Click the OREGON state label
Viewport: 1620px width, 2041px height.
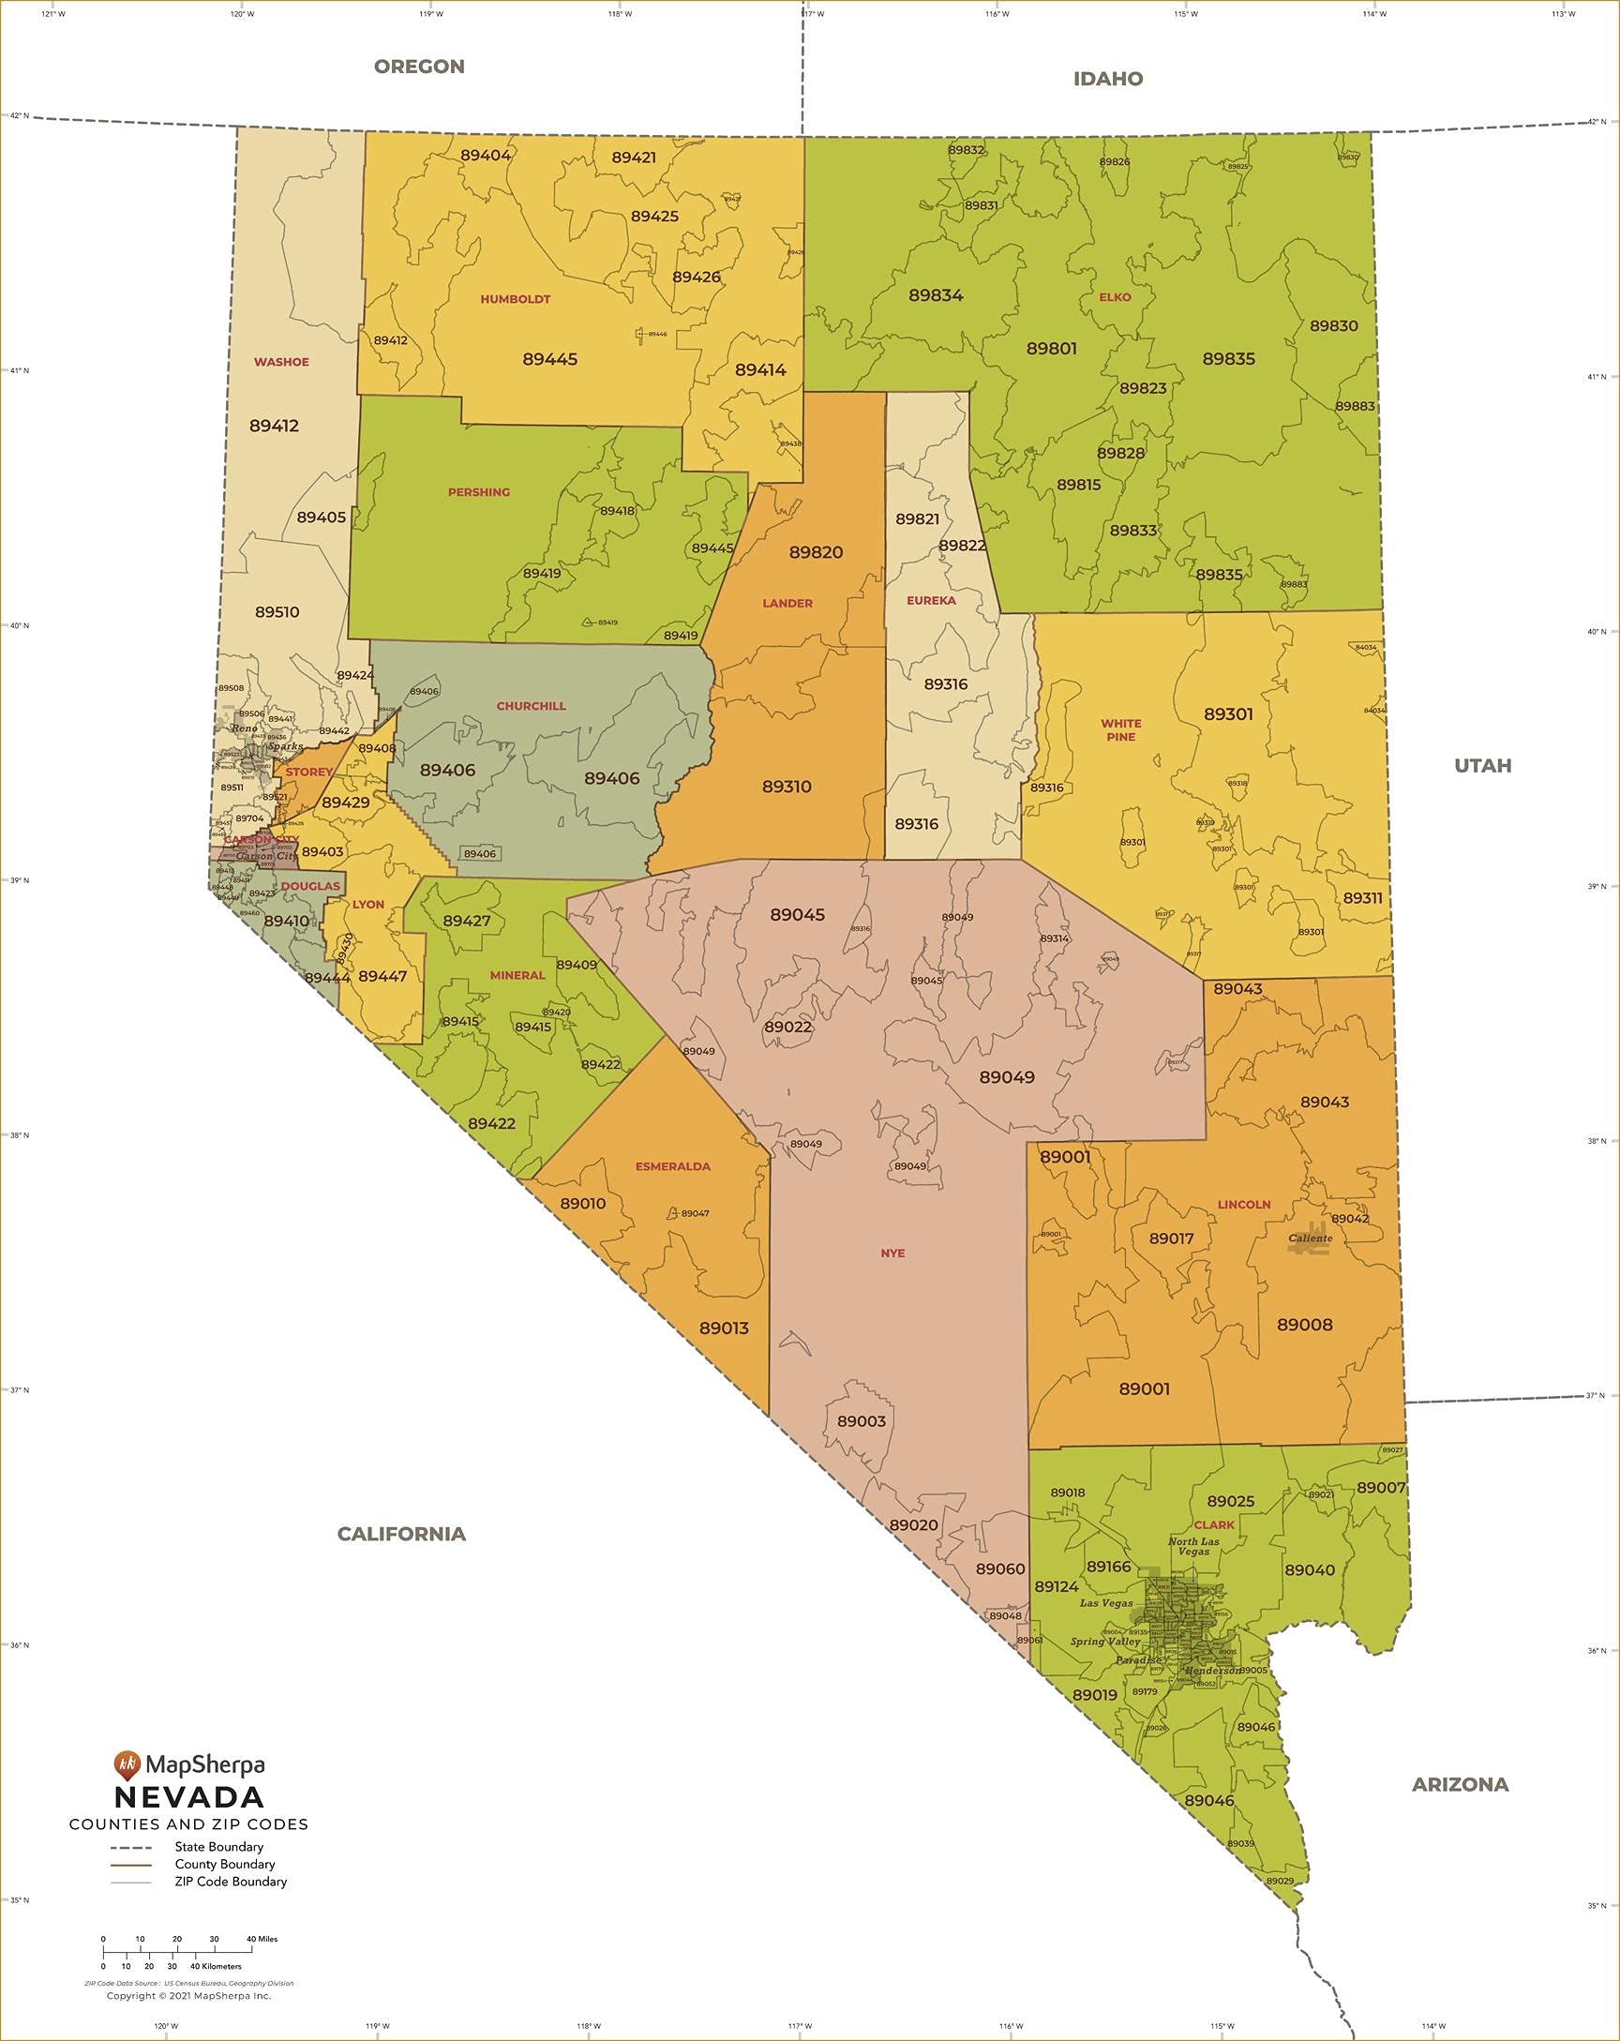point(418,67)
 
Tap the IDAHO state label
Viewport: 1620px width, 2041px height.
point(1108,79)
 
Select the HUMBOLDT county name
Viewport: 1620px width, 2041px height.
point(515,299)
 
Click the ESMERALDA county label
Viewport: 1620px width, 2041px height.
point(672,1166)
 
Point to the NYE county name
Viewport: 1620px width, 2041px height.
point(892,1253)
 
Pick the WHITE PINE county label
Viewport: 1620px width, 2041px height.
point(1120,730)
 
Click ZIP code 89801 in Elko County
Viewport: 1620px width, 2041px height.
point(1051,349)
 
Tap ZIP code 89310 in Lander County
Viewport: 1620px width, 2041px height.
point(786,787)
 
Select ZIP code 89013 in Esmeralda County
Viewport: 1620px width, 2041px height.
point(724,1328)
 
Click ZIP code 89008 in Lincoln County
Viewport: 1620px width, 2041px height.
point(1304,1325)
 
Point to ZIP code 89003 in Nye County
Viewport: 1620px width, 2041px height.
point(861,1421)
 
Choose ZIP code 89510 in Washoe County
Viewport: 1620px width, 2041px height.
point(277,612)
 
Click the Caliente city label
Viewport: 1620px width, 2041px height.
point(1311,1238)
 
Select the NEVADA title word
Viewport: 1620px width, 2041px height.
point(189,1796)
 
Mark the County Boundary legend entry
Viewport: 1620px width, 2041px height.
point(224,1864)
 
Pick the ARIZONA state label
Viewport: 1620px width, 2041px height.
point(1459,1784)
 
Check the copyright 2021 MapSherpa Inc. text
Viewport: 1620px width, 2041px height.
point(188,1995)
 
